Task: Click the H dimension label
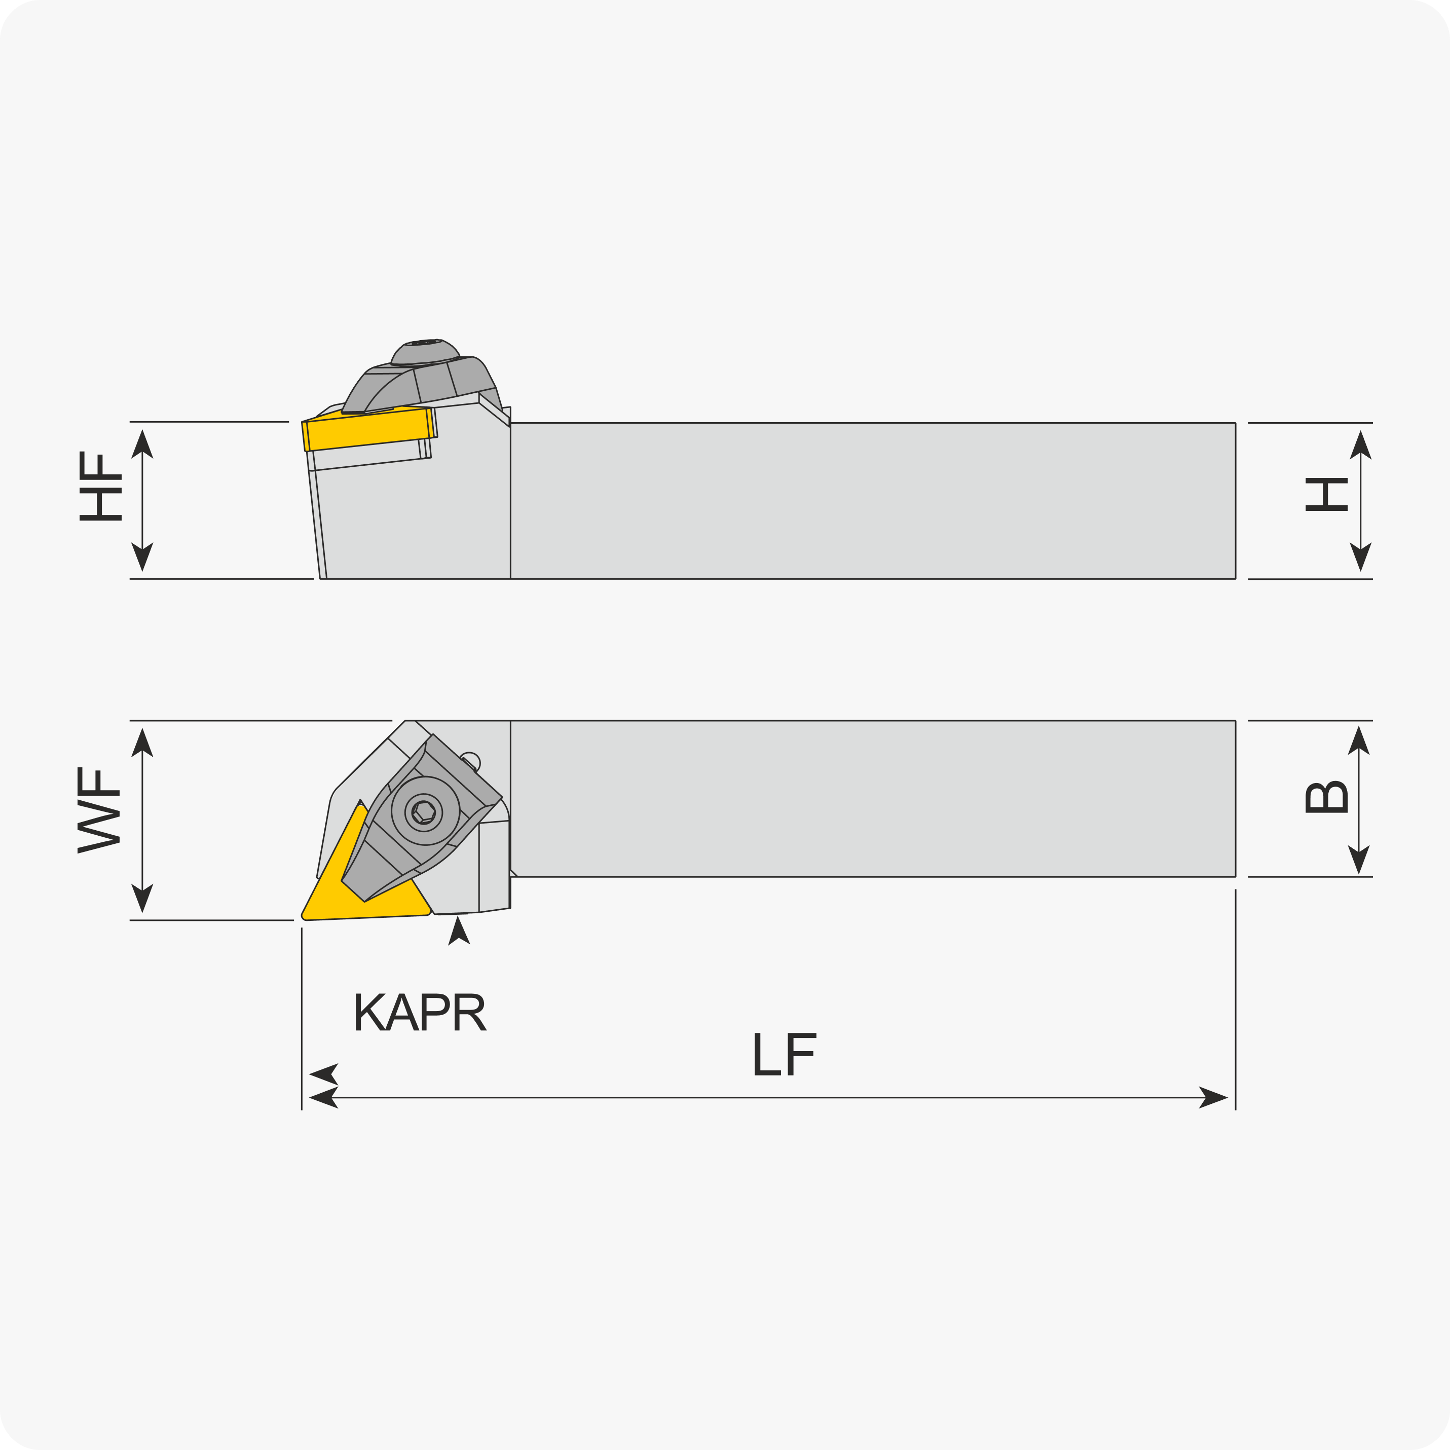(x=1326, y=495)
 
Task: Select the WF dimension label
(x=98, y=810)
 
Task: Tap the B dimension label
(x=1326, y=797)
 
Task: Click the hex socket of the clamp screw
(x=424, y=811)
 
